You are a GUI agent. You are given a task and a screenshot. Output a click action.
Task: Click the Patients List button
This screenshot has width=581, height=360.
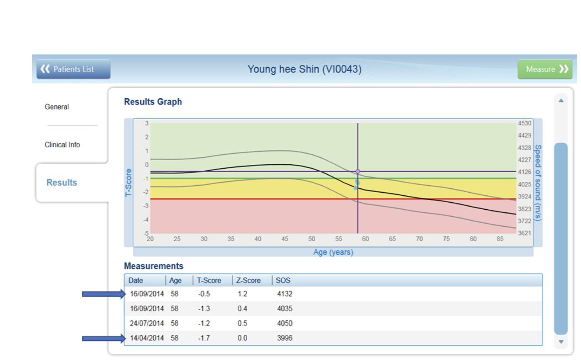[73, 69]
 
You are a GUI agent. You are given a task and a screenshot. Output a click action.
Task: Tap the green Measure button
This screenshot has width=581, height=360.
[545, 69]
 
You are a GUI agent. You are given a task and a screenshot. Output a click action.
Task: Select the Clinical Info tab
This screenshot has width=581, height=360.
[62, 145]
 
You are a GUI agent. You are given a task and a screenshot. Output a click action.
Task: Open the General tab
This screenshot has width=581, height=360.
[57, 107]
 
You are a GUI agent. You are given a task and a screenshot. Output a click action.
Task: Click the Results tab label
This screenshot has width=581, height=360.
[62, 182]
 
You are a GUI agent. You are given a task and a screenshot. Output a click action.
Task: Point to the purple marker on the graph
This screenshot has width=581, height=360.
[358, 171]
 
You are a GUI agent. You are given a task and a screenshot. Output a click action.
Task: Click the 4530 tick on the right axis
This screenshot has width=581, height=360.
[525, 123]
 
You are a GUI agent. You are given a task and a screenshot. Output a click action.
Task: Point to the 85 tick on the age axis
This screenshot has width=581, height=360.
[500, 239]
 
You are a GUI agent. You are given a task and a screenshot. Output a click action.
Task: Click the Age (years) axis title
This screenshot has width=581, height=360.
[333, 252]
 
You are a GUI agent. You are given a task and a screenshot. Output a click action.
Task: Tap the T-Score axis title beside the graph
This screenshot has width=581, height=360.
[128, 183]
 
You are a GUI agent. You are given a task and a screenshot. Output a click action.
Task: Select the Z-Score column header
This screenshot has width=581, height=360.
[248, 280]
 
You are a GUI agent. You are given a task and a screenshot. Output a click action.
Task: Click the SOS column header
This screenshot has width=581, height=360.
[283, 280]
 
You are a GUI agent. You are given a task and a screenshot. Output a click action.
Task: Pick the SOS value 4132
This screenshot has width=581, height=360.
[284, 294]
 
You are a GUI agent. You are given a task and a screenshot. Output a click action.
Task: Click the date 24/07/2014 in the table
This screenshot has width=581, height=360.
[147, 323]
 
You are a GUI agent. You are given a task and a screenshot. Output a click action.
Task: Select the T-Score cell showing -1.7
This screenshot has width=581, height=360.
[204, 338]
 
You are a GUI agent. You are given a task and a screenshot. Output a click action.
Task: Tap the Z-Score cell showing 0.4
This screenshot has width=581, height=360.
[242, 308]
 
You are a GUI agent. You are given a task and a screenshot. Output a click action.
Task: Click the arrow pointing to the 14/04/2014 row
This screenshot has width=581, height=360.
[104, 339]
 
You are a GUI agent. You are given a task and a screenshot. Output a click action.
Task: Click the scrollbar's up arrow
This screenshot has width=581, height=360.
[561, 100]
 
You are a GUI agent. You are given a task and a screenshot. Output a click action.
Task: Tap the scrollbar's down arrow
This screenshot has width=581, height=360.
[561, 342]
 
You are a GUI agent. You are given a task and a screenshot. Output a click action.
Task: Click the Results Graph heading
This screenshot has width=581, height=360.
[153, 102]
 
